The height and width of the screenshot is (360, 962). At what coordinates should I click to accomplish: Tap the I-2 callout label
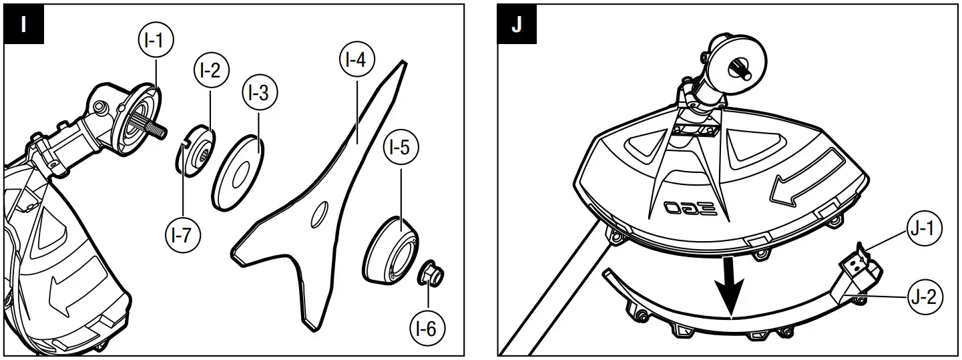[x=211, y=70]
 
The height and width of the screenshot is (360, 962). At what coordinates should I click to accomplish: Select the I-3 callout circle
[x=259, y=95]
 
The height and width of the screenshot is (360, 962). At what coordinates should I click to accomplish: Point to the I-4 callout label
[x=356, y=61]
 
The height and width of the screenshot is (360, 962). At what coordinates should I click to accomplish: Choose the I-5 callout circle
[x=400, y=148]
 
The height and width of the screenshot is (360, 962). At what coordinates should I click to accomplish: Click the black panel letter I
[x=23, y=26]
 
